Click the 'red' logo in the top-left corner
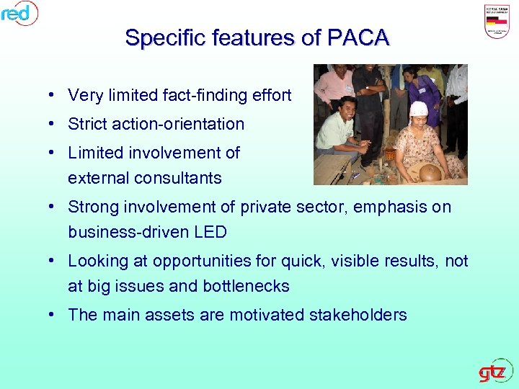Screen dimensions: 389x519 pyautogui.click(x=19, y=12)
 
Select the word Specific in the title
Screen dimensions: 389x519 pyautogui.click(x=160, y=37)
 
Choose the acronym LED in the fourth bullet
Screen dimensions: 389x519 pyautogui.click(x=210, y=232)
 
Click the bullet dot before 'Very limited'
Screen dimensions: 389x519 pyautogui.click(x=54, y=95)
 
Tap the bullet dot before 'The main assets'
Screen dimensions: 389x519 pyautogui.click(x=54, y=315)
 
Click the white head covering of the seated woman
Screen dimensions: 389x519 pyautogui.click(x=419, y=109)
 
